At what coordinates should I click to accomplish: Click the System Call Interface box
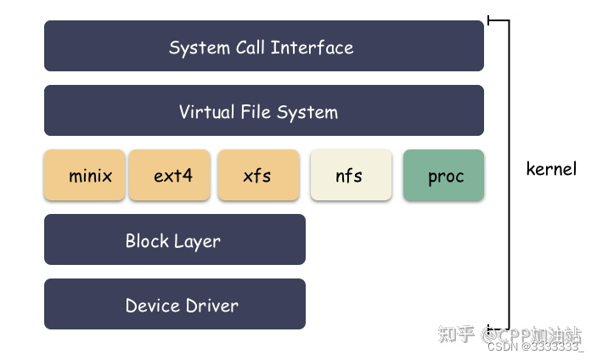point(263,46)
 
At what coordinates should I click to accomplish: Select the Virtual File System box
point(263,110)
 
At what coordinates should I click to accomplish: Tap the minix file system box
point(85,176)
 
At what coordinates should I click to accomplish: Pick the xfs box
point(258,176)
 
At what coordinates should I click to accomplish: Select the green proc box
point(443,176)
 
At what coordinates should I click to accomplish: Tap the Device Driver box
point(174,304)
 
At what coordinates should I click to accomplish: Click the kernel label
point(551,168)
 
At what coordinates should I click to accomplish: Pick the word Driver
point(211,306)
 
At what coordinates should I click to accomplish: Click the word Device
point(152,306)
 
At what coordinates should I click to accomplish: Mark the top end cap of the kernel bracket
point(498,20)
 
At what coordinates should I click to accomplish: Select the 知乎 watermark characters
point(455,333)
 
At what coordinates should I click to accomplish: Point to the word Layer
point(197,241)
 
